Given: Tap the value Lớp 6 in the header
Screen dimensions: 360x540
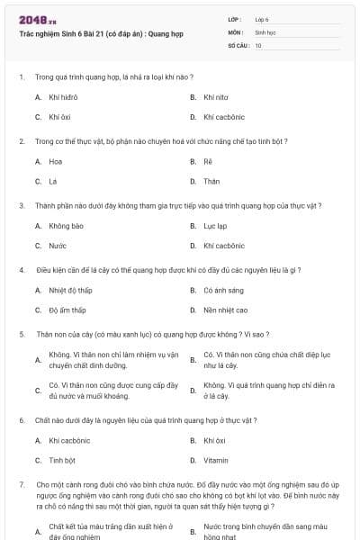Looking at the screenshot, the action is tap(263, 18).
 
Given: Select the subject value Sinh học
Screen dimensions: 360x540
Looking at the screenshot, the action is tap(265, 31).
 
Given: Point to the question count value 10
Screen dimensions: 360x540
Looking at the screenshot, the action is tap(258, 45).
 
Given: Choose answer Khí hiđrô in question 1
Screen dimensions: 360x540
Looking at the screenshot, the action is tap(63, 96).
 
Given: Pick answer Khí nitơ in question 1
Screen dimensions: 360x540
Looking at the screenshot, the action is tap(216, 96).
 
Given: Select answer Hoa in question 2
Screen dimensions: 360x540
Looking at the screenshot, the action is tap(56, 161).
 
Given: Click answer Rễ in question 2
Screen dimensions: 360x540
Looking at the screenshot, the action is tap(208, 161).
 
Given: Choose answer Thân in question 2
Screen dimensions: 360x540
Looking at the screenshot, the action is tap(211, 181).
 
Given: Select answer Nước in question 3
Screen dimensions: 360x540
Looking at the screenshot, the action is tap(58, 245).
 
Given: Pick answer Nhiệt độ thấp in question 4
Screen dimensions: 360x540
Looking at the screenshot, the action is tap(70, 290).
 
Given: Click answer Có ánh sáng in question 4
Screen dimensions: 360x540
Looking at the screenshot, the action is tap(223, 290).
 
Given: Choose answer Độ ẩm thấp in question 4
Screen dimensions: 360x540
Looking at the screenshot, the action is tap(67, 310).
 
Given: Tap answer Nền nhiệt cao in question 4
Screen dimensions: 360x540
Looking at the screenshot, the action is tap(225, 310).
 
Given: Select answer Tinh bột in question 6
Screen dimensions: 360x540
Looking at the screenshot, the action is tap(62, 460).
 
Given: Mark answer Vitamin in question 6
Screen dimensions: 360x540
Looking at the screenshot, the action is tap(216, 460).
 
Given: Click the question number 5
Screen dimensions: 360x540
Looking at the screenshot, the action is tap(21, 333).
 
